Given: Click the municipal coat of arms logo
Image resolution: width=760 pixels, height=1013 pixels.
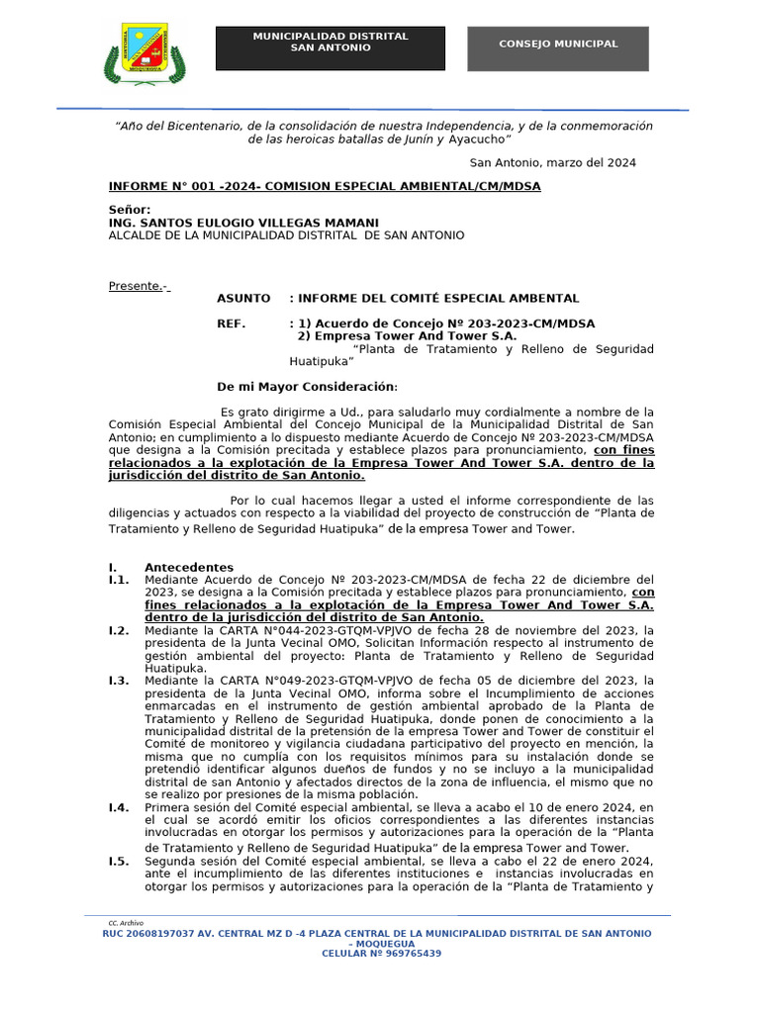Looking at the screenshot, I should (x=144, y=53).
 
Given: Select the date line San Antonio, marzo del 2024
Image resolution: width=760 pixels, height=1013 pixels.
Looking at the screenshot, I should (x=552, y=162).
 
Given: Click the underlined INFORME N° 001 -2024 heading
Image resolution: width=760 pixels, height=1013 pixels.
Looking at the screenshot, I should (x=325, y=186).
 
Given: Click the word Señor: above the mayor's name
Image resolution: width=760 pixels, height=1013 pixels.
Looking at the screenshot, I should (x=130, y=210).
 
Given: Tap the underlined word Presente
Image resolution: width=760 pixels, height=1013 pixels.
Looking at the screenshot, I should (x=137, y=287).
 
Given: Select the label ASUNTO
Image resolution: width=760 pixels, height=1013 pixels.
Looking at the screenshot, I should (x=243, y=298).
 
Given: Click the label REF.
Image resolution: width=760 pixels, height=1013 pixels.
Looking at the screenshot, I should (x=233, y=323).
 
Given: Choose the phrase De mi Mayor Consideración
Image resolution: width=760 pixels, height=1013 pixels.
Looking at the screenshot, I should (x=307, y=387).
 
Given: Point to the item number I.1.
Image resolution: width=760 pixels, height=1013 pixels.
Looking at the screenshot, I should (x=119, y=580).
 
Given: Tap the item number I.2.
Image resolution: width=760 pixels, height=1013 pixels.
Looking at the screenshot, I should (x=119, y=630).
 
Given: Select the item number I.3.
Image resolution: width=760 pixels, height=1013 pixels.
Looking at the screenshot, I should (x=119, y=681).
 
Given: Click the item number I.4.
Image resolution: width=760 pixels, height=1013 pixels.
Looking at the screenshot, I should (x=119, y=807).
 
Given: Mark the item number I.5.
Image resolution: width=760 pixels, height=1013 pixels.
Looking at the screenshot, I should (x=119, y=861).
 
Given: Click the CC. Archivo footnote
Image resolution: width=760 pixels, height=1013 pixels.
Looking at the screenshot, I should (x=126, y=922).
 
